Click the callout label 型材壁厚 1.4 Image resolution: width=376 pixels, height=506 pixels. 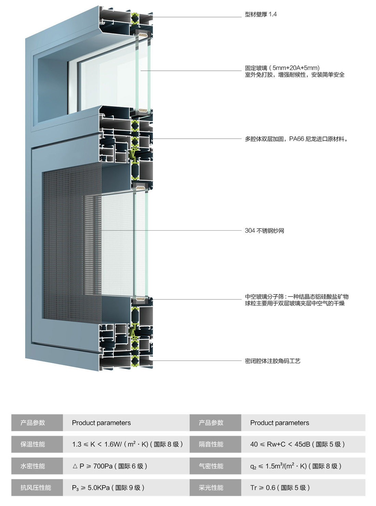[260, 14]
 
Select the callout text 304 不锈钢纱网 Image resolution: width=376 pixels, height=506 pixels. [264, 231]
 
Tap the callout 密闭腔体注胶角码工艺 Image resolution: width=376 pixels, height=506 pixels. [272, 361]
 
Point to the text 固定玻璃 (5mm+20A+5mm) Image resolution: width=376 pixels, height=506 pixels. [282, 68]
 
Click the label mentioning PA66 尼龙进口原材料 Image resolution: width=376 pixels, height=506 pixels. [296, 139]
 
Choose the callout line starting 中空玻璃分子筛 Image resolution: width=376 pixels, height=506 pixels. [296, 297]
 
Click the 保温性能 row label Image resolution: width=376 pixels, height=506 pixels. [32, 444]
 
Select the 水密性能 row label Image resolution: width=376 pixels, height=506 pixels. [32, 466]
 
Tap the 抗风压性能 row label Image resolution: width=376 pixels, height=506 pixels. [36, 488]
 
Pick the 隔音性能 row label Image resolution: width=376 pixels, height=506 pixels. [211, 444]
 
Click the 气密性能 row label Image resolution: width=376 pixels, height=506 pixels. [211, 466]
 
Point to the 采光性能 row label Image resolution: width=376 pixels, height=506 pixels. [211, 488]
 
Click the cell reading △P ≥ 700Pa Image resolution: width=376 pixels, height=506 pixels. [109, 466]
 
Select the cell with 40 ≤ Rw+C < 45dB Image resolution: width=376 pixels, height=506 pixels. [297, 444]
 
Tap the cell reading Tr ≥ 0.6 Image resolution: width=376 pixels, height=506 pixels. [280, 488]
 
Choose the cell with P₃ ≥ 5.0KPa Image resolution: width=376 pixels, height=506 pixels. [108, 488]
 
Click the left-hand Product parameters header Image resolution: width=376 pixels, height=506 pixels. [101, 423]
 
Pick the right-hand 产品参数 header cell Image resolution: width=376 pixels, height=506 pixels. [211, 423]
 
